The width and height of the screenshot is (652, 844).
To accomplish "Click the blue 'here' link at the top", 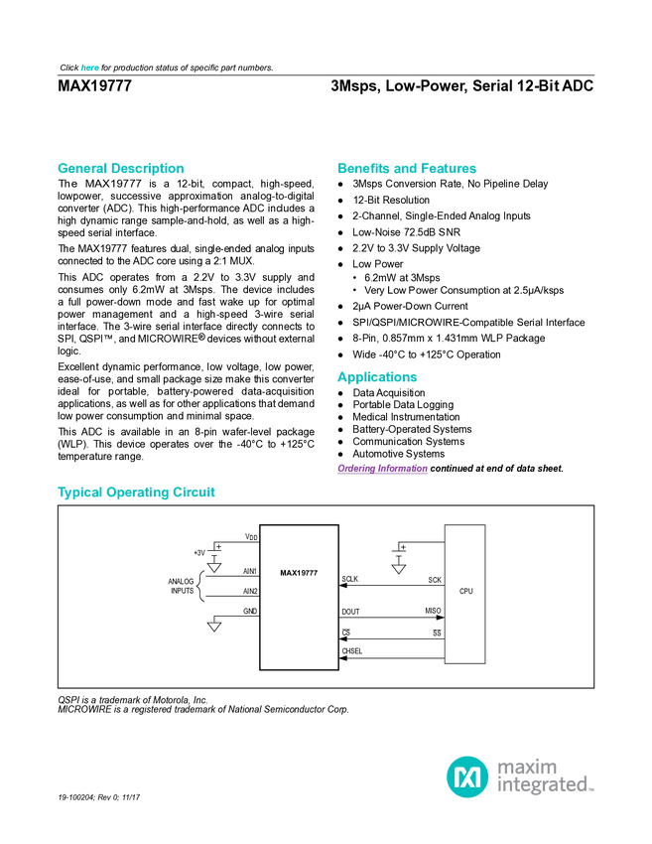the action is pyautogui.click(x=90, y=68).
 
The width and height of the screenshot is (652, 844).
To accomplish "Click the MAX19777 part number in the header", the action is pyautogui.click(x=94, y=86).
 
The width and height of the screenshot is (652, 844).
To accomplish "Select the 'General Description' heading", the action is pyautogui.click(x=120, y=169).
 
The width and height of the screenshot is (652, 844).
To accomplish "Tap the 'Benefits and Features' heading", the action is pyautogui.click(x=407, y=169).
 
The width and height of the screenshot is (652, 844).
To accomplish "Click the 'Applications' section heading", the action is pyautogui.click(x=377, y=377).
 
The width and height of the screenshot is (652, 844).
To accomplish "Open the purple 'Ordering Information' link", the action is pyautogui.click(x=382, y=469).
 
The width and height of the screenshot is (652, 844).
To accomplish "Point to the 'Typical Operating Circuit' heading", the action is pyautogui.click(x=136, y=492).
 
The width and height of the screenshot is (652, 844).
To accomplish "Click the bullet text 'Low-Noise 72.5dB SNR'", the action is pyautogui.click(x=406, y=232).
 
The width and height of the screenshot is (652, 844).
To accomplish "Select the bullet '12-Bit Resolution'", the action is pyautogui.click(x=391, y=201).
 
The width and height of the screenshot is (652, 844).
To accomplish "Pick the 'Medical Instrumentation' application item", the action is pyautogui.click(x=406, y=417).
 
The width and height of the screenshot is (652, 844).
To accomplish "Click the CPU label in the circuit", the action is pyautogui.click(x=465, y=591).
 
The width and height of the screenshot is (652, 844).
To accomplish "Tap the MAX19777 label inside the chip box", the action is pyautogui.click(x=299, y=573).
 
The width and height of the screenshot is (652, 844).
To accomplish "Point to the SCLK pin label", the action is pyautogui.click(x=349, y=579).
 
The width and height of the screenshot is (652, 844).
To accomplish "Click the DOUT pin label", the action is pyautogui.click(x=350, y=612).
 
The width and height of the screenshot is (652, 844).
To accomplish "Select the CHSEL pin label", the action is pyautogui.click(x=352, y=651).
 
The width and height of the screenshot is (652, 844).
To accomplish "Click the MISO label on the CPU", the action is pyautogui.click(x=433, y=611).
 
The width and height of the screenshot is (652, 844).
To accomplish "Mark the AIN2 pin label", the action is pyautogui.click(x=250, y=591).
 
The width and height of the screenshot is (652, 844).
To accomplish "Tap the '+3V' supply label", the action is pyautogui.click(x=199, y=553).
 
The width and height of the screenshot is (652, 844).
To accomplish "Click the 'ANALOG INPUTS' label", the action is pyautogui.click(x=181, y=586).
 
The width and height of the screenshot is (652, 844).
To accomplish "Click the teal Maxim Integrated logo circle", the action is pyautogui.click(x=467, y=776).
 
